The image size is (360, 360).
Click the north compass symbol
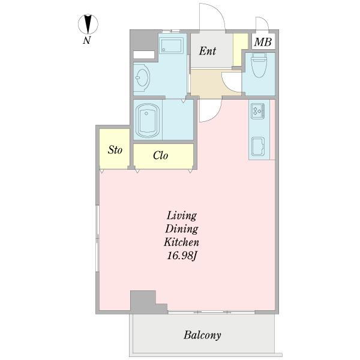tap(88, 24)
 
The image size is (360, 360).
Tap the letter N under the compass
tap(87, 40)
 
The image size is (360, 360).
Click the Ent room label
tap(208, 51)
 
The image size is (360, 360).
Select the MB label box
tap(263, 42)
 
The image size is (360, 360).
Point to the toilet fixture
tap(259, 65)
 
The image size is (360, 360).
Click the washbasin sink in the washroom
tap(142, 77)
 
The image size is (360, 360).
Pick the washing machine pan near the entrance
tap(172, 46)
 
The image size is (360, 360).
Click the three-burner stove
tap(258, 112)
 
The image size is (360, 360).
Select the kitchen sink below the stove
tap(258, 147)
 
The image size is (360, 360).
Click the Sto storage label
tap(115, 149)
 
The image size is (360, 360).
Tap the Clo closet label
tap(160, 155)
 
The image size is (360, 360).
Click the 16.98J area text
tap(181, 256)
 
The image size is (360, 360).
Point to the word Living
tap(182, 216)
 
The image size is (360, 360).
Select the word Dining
tap(182, 229)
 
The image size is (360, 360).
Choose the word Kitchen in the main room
tap(181, 242)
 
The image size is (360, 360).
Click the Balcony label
tap(202, 335)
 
